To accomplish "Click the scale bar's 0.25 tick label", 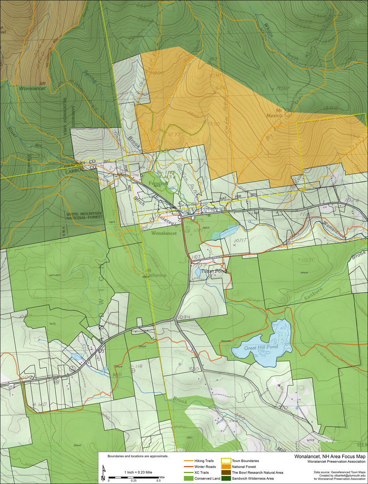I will pos(134,481).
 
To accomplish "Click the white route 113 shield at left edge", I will pos(4,386).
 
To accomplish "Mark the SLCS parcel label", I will pos(53,323).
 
